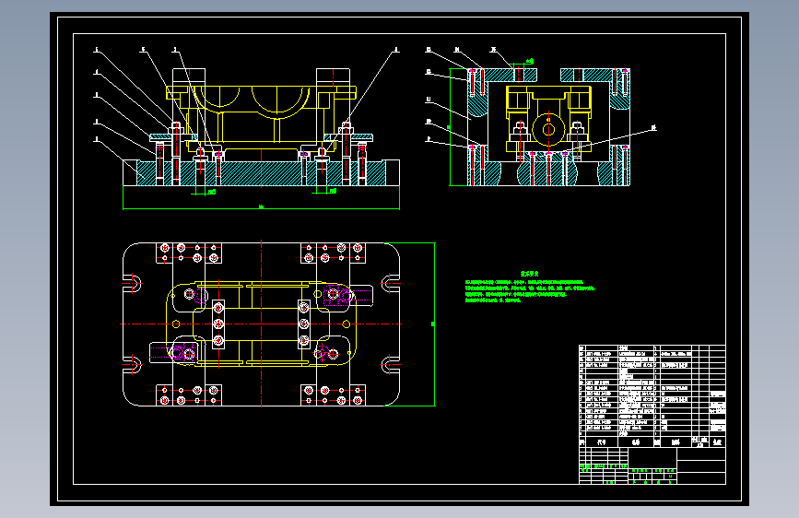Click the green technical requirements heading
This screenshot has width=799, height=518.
tap(528, 274)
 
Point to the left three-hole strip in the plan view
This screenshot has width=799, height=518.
tap(219, 324)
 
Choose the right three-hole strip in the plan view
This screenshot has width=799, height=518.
tap(304, 324)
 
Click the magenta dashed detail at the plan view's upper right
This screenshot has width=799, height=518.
tap(337, 295)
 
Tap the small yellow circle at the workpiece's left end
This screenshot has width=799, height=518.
tap(190, 295)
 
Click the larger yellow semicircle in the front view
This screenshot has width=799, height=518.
tap(280, 100)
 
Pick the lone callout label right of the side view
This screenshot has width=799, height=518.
tap(654, 127)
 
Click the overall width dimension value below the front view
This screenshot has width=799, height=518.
tap(261, 207)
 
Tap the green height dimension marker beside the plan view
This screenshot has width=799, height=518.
tap(434, 324)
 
